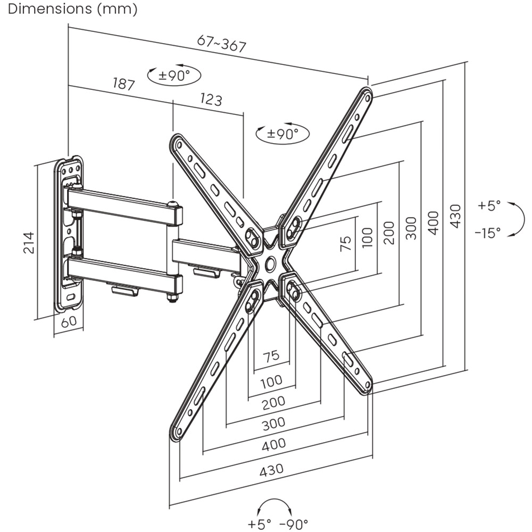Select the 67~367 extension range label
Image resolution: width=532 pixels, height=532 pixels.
(221, 44)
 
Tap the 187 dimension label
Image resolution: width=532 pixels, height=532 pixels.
(123, 84)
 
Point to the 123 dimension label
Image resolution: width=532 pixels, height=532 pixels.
(211, 98)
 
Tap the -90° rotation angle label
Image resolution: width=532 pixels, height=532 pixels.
(294, 523)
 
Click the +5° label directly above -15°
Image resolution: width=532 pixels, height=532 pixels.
(488, 206)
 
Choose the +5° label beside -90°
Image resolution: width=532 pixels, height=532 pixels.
(259, 523)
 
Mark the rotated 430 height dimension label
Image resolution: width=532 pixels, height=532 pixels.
(455, 216)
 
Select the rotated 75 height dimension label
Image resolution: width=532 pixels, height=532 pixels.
(346, 243)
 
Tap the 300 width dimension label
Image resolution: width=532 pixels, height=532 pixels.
(273, 423)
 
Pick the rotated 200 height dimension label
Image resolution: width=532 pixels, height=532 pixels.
(389, 232)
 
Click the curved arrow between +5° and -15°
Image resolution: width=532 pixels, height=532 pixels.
(514, 219)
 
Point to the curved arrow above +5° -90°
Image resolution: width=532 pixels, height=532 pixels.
(275, 505)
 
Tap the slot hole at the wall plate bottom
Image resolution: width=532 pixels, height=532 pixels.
(71, 297)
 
